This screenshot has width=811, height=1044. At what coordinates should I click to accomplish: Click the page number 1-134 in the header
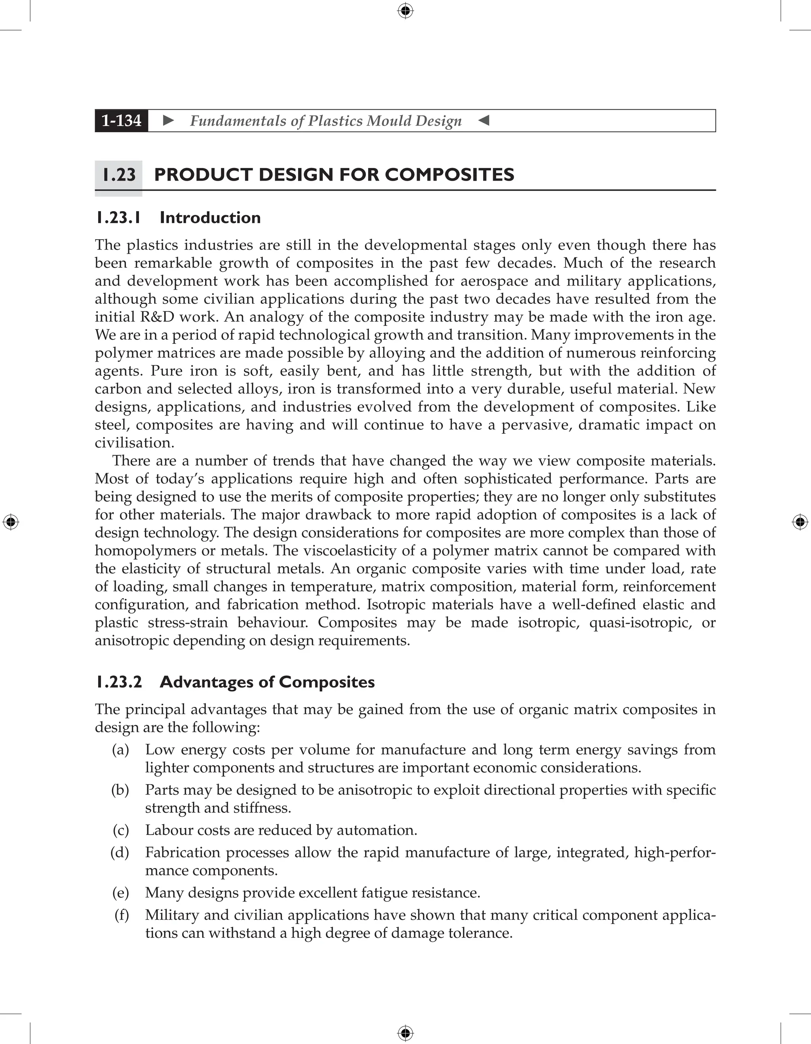coord(122,120)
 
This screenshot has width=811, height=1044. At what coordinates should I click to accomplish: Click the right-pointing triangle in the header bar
coord(168,120)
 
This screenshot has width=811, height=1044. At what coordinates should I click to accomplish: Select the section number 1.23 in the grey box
coord(118,175)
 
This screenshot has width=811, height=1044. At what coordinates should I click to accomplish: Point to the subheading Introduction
coord(210,218)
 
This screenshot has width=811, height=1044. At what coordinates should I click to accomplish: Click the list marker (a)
coord(120,750)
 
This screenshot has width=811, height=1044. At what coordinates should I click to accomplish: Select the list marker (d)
coord(120,853)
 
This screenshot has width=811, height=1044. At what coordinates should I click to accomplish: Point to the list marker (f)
coord(122,915)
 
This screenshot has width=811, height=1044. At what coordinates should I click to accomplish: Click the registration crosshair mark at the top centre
coord(405,11)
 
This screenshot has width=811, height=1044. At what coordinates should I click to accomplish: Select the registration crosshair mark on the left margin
coord(11,522)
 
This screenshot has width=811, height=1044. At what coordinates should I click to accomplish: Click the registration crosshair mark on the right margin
coord(800,522)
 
